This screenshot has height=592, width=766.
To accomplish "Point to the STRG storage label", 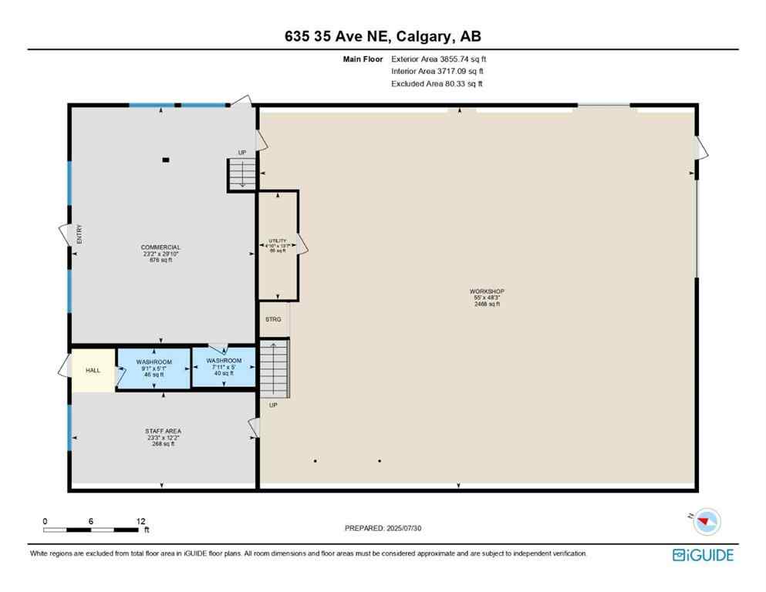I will point(273,319).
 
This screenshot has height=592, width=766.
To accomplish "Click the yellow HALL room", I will point(93,371).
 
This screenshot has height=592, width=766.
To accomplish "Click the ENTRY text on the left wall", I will point(79,234).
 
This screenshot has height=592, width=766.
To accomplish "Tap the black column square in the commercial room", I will point(166,160).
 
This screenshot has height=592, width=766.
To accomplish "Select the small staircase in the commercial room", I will point(241,174).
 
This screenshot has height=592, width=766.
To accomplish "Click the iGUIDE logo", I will point(703,554).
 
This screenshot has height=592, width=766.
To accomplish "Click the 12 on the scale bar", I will point(140,521).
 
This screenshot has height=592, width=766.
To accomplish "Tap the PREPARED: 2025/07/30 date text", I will point(383,528).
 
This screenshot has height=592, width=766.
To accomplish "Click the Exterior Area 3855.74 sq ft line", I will point(438,58).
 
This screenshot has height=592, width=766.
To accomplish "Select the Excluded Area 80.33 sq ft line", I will point(437,84).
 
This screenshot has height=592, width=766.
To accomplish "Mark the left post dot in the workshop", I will point(316,461).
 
